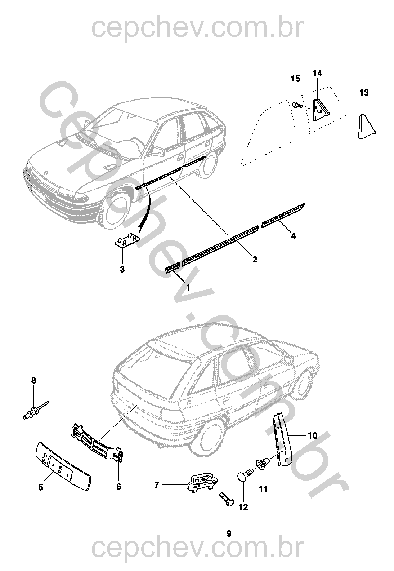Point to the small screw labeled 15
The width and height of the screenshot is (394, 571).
coord(297,105)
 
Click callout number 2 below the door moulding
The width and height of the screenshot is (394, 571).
coord(255,259)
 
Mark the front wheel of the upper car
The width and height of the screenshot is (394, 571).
coord(115,211)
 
